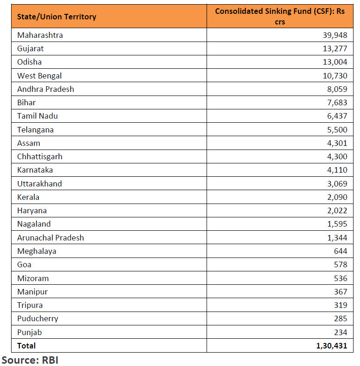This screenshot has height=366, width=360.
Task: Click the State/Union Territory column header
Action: pos(56,17)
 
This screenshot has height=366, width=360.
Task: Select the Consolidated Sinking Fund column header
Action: pos(280,16)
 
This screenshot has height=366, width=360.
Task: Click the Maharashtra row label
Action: pos(40,35)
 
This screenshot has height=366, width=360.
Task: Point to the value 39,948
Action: pos(335,35)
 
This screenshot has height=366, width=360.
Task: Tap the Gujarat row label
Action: pos(31,49)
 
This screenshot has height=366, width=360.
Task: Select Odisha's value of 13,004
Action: pos(335,62)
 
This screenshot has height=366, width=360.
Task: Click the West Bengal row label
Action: pos(39,76)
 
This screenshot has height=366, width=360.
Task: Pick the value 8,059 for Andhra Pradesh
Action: pos(337,89)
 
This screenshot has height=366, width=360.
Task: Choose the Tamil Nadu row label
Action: pos(37,116)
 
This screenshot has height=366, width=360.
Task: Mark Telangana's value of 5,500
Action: pos(337,130)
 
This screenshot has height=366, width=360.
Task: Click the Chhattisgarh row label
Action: pos(40,156)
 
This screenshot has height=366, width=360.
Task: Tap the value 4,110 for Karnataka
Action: pos(337,170)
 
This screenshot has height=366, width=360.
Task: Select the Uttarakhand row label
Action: pos(39,184)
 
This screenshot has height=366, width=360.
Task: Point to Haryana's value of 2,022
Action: pos(337,211)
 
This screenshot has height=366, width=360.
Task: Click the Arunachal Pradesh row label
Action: pos(50,238)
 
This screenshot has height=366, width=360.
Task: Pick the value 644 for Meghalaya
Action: pos(341,251)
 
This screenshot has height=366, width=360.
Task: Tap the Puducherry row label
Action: pos(37,319)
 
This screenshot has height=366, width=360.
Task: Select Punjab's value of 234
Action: pos(341,332)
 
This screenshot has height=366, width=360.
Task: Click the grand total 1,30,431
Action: pos(332,346)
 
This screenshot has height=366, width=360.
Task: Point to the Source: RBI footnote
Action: pos(30,360)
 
